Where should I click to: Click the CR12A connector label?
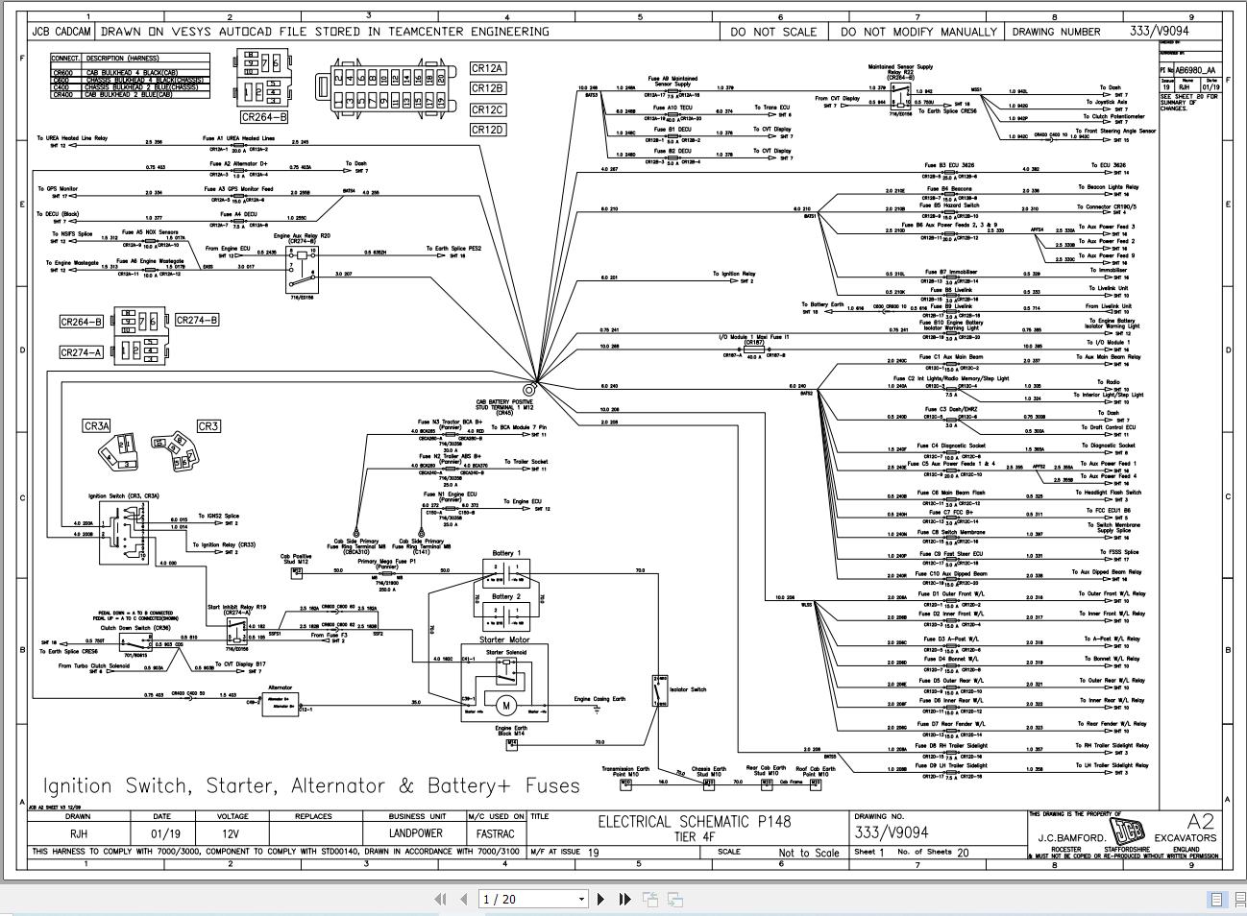[487, 68]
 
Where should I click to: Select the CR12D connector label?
[487, 130]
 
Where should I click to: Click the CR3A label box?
[97, 426]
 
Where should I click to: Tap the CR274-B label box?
[196, 320]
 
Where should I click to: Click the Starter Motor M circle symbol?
[505, 707]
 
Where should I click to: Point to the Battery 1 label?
[506, 553]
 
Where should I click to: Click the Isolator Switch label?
[687, 689]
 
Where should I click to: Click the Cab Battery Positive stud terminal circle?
[528, 390]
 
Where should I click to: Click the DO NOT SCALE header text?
[773, 32]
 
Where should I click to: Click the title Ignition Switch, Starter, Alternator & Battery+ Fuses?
[312, 785]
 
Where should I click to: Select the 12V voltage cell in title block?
[231, 833]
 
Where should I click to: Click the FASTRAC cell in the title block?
[496, 833]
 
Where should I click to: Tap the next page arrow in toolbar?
[600, 899]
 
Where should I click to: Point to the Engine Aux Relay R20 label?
[302, 235]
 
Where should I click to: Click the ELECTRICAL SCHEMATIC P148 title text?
[695, 821]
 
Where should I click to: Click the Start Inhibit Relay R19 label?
[236, 607]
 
